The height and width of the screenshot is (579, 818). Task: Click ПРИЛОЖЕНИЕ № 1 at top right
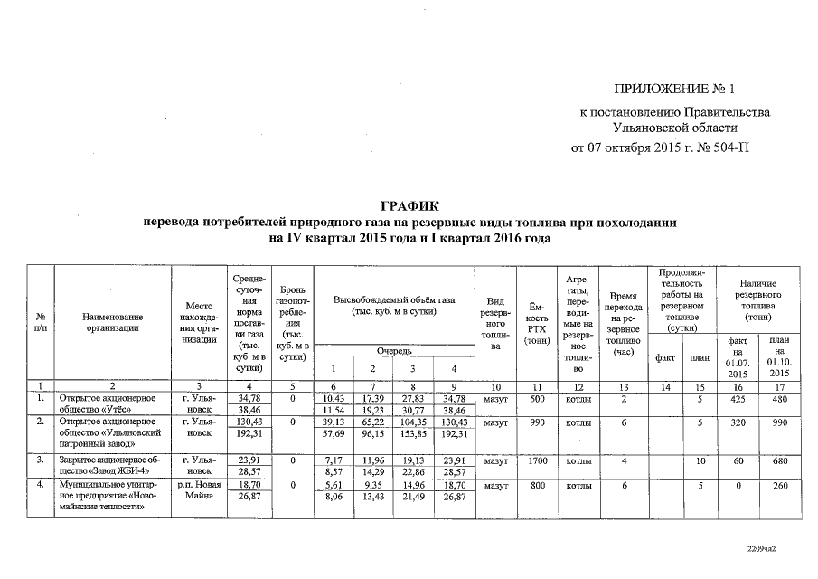coord(676,89)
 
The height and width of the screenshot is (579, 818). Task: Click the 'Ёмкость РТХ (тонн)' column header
coord(537,323)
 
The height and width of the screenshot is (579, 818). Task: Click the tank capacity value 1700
coord(537,460)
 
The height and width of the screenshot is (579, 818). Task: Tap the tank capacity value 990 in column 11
coord(537,422)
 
